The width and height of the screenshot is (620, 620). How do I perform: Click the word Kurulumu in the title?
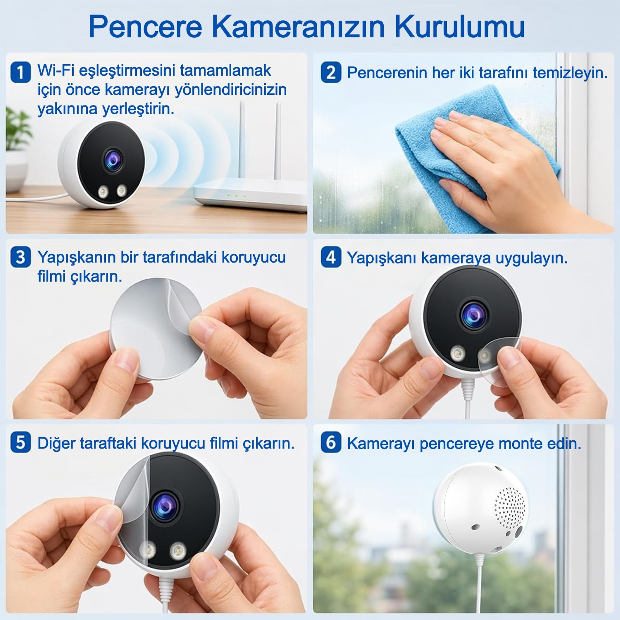point(459,26)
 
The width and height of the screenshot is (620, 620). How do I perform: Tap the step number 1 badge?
point(20,72)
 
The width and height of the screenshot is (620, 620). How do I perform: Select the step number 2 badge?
point(331,72)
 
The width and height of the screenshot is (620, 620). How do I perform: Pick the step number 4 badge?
point(331,257)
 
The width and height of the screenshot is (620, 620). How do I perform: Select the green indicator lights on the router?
point(236,195)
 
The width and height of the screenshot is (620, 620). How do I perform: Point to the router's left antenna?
point(242,139)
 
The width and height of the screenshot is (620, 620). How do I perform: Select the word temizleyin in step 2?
point(570,73)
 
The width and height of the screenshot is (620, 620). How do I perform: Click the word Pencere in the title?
point(145,26)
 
